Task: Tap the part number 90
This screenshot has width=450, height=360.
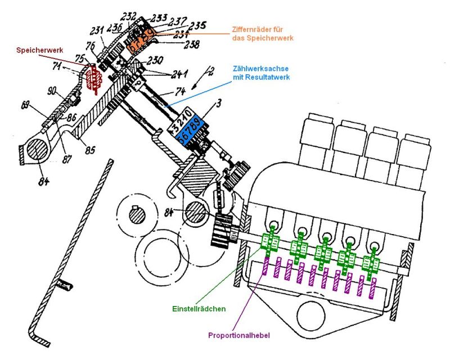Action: pyautogui.click(x=52, y=91)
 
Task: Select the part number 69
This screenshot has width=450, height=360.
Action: pyautogui.click(x=25, y=105)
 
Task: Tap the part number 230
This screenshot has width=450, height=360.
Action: pyautogui.click(x=154, y=60)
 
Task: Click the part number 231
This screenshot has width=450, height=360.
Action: pyautogui.click(x=97, y=32)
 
